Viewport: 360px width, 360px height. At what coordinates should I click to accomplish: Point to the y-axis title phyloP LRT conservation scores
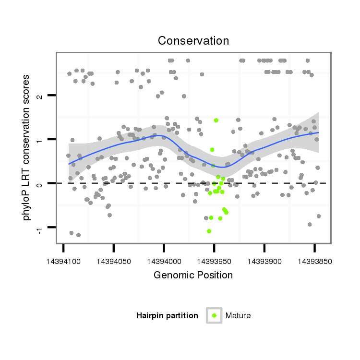point(27,147)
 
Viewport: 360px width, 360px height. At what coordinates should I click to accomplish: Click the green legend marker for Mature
point(214,315)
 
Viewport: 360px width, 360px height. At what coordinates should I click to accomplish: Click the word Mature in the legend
point(238,316)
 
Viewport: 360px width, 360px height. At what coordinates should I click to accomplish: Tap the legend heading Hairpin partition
point(167,316)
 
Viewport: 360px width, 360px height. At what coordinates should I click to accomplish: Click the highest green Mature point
point(216,120)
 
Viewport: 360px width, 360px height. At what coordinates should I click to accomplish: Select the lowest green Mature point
point(209,231)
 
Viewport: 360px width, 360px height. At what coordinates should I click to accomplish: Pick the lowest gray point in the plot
point(78,235)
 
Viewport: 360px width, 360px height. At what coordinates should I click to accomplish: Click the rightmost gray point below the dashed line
point(318,216)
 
